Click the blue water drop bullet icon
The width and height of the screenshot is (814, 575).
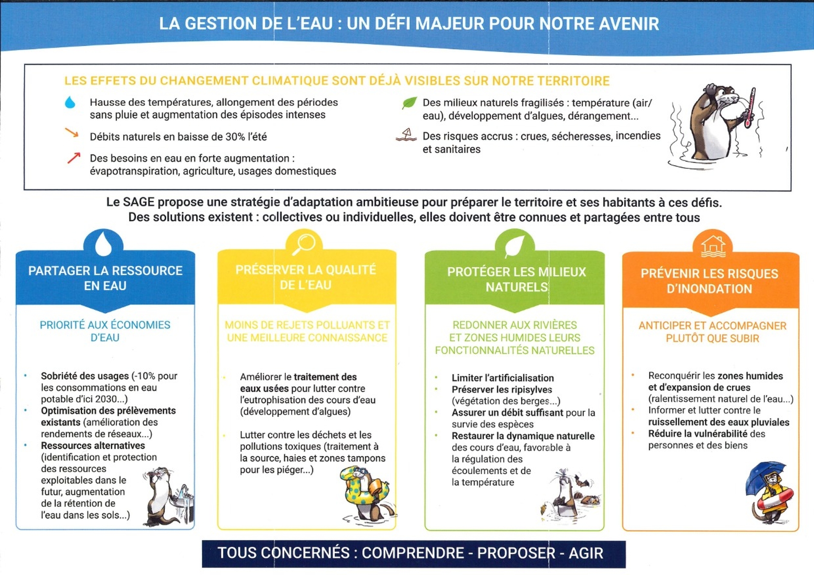point(70,102)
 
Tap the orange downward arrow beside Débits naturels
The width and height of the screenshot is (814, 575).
point(72,133)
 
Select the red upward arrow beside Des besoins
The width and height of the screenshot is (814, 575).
point(74,158)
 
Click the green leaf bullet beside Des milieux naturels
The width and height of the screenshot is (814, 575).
point(409,103)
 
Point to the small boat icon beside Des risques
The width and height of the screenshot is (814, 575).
point(406,135)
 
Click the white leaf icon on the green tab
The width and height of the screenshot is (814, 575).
point(514,246)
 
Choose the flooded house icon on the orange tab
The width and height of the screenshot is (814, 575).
point(713,246)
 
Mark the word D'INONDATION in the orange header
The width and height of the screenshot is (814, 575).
point(709,289)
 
